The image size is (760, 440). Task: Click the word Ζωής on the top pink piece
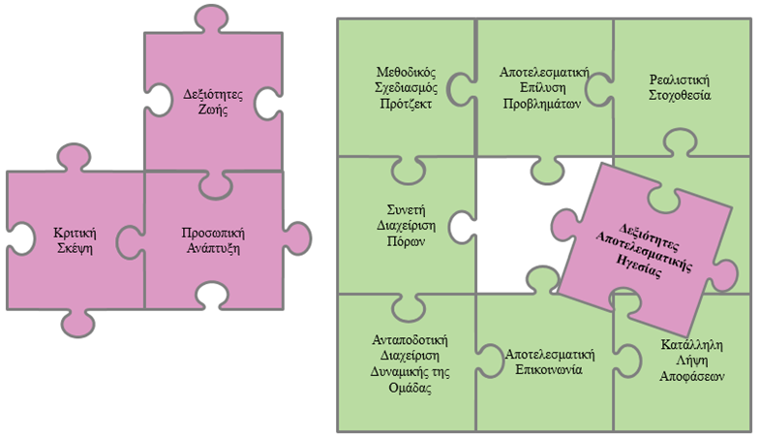tap(212, 110)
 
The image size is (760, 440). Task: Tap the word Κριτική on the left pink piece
tap(74, 232)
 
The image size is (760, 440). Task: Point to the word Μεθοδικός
tap(406, 73)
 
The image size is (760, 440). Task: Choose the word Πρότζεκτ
tap(406, 104)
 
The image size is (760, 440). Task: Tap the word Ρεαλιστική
tap(681, 80)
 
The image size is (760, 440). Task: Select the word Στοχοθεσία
tap(681, 96)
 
